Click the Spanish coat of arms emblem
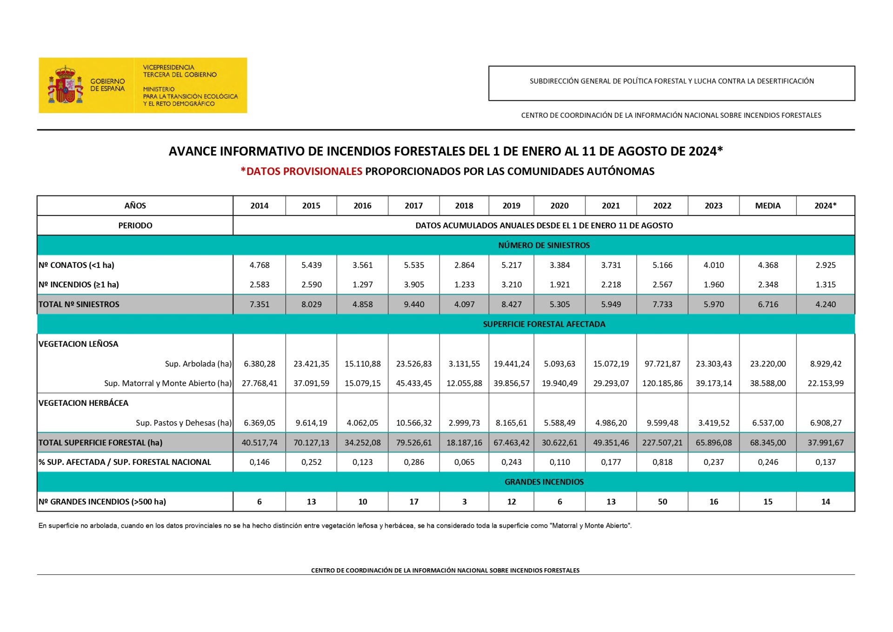(x=65, y=85)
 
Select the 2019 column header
(x=511, y=206)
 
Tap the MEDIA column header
(x=767, y=206)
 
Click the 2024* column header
(x=825, y=206)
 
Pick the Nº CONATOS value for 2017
(x=413, y=265)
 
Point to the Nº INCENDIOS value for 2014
(x=259, y=285)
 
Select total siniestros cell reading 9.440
(x=413, y=304)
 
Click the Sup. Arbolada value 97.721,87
(x=662, y=364)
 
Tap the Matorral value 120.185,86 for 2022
(x=662, y=383)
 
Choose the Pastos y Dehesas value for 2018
(x=464, y=423)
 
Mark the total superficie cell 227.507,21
(x=662, y=443)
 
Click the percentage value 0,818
(x=662, y=462)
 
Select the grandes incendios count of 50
(x=662, y=502)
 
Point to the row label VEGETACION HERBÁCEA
(x=84, y=403)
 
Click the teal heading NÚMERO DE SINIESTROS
(x=544, y=245)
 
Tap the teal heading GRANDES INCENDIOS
(x=544, y=482)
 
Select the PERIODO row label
(x=135, y=226)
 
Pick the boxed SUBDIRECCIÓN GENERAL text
(x=671, y=81)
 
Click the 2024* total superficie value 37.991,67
(x=825, y=443)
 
